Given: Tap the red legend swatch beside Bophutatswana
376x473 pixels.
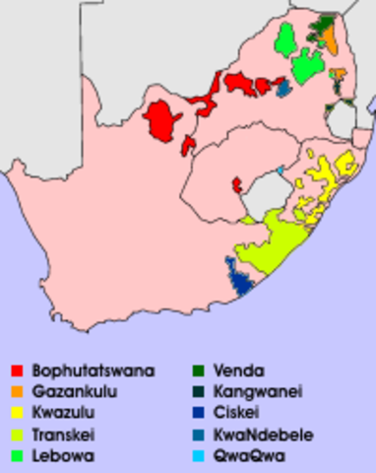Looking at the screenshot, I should click(17, 371).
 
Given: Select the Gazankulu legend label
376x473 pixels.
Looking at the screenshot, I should click(80, 391).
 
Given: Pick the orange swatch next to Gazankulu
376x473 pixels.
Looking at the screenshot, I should click(17, 391).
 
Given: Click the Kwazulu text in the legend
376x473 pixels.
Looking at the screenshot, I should click(69, 413).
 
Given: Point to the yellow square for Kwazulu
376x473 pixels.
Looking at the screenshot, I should click(17, 413).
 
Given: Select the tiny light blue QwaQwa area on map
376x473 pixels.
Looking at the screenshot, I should click(281, 170).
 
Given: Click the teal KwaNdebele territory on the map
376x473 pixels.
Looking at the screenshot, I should click(283, 90).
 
